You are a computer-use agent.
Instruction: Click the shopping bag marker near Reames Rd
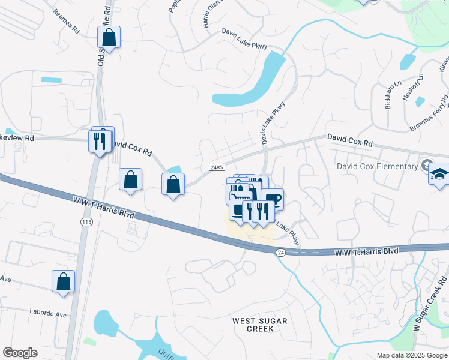tap(109, 37)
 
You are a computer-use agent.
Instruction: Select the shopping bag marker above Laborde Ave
tap(63, 281)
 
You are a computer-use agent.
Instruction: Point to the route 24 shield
tap(280, 253)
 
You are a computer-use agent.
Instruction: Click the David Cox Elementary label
tap(377, 166)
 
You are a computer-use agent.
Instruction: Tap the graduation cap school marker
tap(439, 175)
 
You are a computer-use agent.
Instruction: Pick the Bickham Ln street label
tap(390, 96)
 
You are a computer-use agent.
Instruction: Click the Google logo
tap(20, 353)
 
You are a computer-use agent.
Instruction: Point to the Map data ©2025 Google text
tap(411, 355)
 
